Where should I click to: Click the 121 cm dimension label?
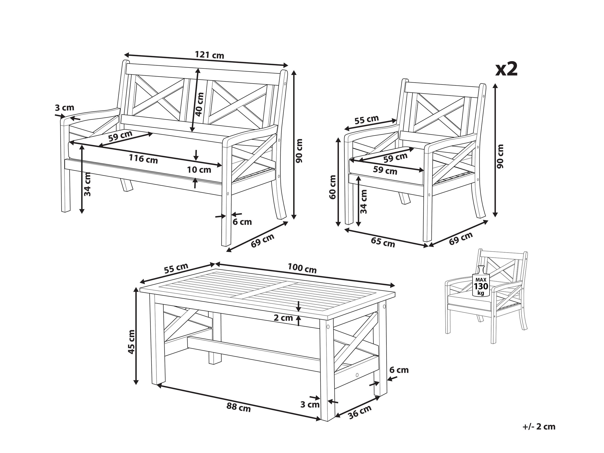(209, 55)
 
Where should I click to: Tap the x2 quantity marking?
(507, 69)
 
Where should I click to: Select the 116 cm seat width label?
(143, 159)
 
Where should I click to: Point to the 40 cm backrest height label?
(200, 104)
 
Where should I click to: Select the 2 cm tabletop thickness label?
(283, 318)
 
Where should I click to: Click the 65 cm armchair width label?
(383, 242)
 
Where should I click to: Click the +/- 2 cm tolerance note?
(539, 427)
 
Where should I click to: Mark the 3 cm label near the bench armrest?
(64, 108)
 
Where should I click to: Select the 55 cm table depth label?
(176, 268)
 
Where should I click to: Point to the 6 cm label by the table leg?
(399, 370)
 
